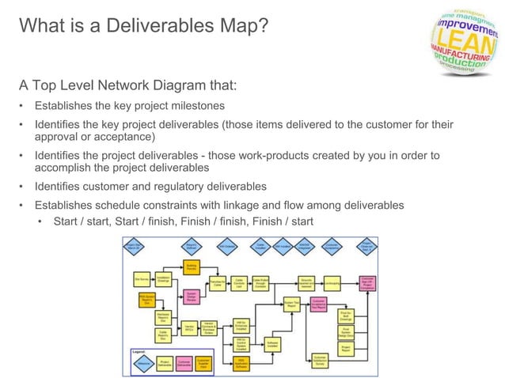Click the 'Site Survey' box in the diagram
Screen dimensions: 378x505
pos(143,279)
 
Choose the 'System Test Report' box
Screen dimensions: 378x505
pos(292,303)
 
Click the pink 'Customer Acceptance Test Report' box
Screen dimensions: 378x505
pos(319,303)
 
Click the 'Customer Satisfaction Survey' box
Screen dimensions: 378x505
pos(319,358)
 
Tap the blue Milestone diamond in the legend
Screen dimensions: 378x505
pos(144,363)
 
